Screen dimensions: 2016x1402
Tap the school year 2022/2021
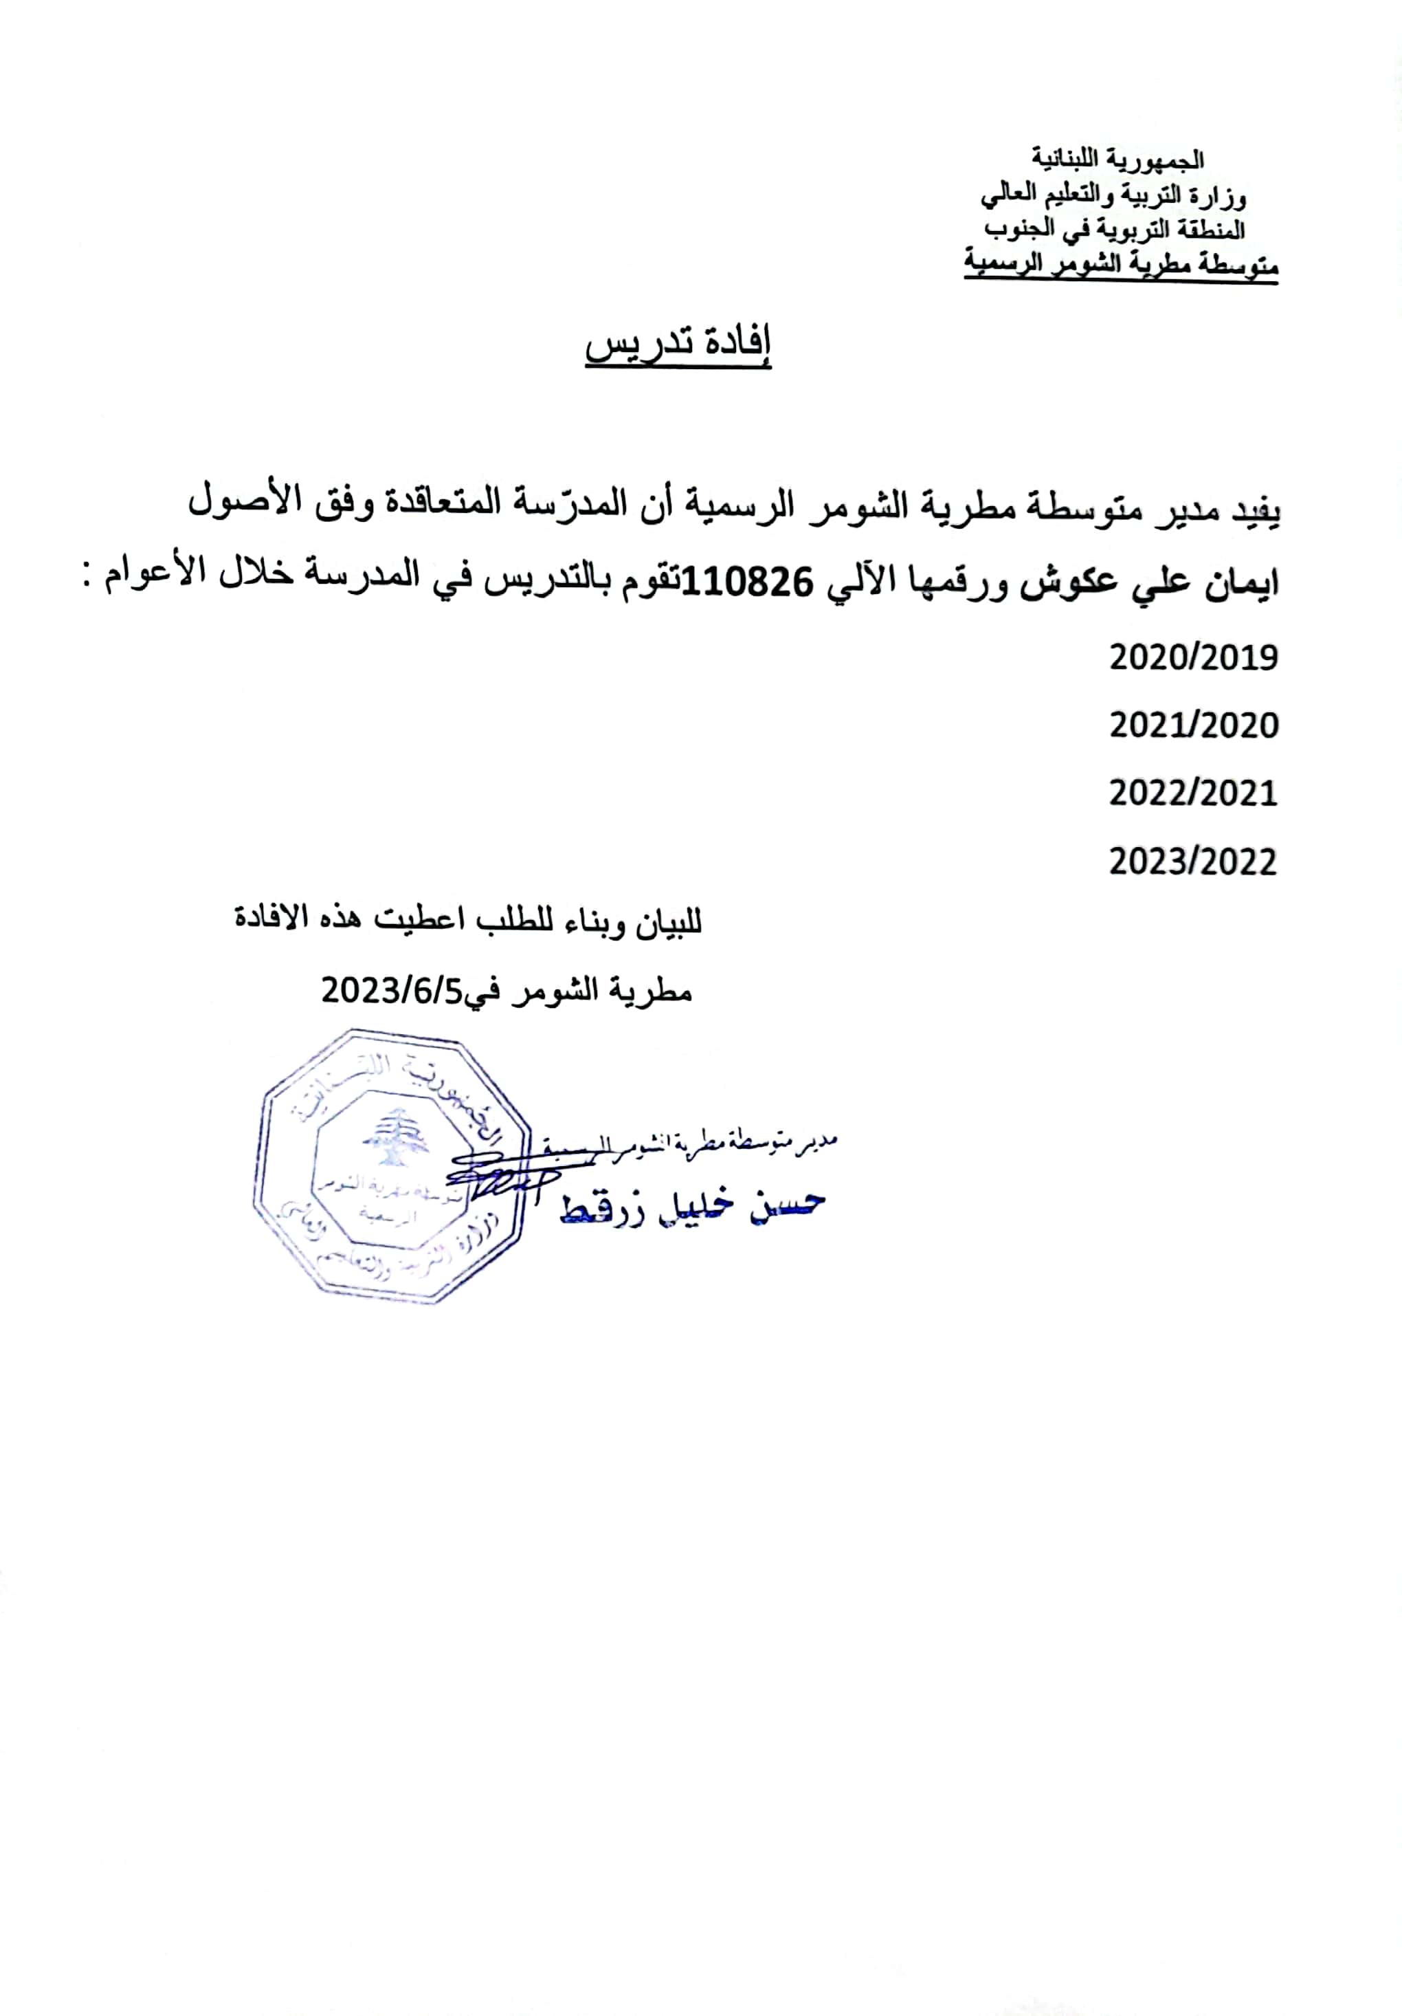point(1193,793)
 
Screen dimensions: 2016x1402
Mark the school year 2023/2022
point(1193,862)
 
